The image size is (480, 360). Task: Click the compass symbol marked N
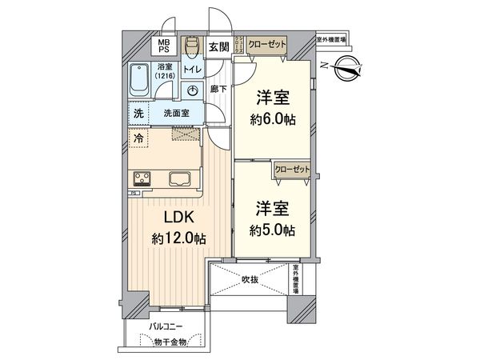click(349, 68)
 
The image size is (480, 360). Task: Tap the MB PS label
click(163, 46)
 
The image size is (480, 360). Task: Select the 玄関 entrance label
click(218, 46)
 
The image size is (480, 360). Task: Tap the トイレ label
click(192, 70)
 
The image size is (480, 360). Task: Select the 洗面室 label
click(176, 114)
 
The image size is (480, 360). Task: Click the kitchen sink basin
click(178, 178)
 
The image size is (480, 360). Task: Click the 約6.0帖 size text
click(272, 119)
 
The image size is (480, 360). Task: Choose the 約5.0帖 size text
click(272, 230)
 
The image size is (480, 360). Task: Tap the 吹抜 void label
click(251, 280)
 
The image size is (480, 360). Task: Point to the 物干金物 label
click(171, 342)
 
